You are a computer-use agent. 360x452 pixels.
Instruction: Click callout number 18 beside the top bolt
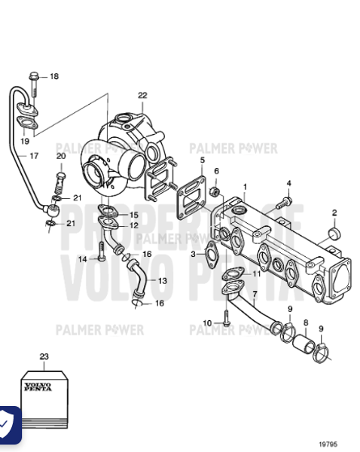(x=53, y=77)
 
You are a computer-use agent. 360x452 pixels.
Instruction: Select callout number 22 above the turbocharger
(x=142, y=95)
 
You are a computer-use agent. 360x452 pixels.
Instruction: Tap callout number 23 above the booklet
(x=44, y=356)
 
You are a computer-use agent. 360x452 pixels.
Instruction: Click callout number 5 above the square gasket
(x=202, y=160)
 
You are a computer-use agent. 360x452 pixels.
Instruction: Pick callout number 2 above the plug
(x=334, y=212)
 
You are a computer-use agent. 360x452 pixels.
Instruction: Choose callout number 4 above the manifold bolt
(x=288, y=183)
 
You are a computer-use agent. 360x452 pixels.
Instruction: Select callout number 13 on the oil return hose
(x=163, y=280)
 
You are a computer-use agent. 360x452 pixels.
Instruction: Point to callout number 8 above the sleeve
(x=305, y=323)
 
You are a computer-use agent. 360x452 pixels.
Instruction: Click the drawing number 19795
(x=327, y=444)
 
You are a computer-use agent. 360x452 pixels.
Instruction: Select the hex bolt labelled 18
(x=35, y=76)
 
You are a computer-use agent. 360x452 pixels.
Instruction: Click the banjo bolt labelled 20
(x=61, y=181)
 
